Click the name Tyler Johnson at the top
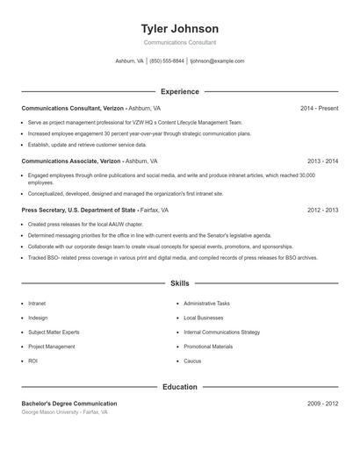[179, 28]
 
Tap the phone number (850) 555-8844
[167, 61]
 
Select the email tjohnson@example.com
[217, 61]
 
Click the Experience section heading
[179, 91]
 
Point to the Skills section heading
[179, 283]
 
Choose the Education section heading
[179, 387]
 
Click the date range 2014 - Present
[319, 108]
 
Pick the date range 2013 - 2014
[322, 161]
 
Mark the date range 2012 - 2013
[322, 211]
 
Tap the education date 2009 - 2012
[322, 404]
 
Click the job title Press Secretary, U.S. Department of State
[79, 211]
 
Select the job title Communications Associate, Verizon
[72, 161]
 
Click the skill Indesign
[38, 318]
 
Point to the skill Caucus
[192, 361]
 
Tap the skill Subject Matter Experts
[54, 333]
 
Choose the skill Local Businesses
[203, 318]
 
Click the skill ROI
[32, 361]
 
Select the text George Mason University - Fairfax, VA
[64, 411]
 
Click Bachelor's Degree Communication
[69, 404]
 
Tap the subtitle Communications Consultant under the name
[179, 42]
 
